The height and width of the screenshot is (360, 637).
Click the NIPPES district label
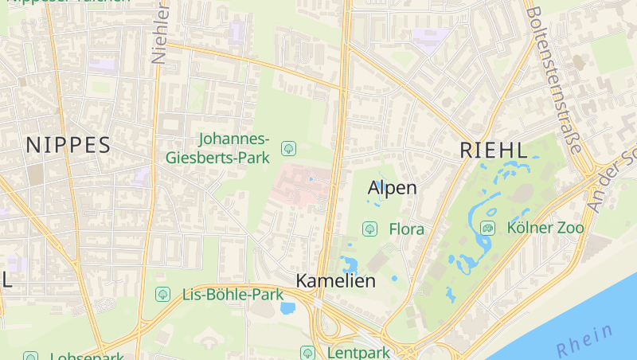coord(68,145)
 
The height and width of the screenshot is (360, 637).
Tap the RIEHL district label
coord(494,151)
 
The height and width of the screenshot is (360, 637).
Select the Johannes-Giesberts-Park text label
coord(218,148)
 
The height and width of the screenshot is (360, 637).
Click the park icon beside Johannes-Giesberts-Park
coord(289,148)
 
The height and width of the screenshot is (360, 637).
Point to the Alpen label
coord(393,188)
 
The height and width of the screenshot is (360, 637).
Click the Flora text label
coord(406,229)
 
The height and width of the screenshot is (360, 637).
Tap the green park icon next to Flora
coord(369,229)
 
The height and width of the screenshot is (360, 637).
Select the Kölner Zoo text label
coord(545,228)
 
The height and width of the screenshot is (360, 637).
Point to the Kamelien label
coord(335,281)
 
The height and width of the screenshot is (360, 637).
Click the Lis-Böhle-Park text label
coord(233,295)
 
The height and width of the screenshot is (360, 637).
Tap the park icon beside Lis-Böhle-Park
coord(162,295)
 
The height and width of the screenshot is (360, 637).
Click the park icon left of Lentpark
coord(307,352)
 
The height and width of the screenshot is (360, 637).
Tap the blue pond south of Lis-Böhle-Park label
coord(287,308)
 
